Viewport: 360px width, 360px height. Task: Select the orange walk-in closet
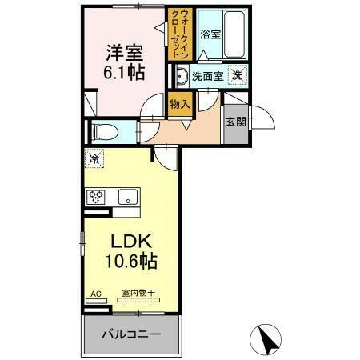tap(178, 34)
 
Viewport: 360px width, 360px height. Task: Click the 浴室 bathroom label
tap(209, 35)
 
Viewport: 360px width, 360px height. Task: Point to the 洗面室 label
tap(208, 76)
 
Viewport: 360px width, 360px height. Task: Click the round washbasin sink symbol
tap(181, 76)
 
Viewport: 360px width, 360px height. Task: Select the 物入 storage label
tap(178, 102)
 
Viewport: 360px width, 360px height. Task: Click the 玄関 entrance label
tap(236, 122)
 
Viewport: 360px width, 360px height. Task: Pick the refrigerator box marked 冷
tap(94, 160)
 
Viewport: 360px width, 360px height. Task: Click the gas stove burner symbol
tap(97, 196)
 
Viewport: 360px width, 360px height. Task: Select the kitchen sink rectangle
tap(127, 197)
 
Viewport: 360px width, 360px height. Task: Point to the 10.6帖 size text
tap(129, 261)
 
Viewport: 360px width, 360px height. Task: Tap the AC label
tap(96, 293)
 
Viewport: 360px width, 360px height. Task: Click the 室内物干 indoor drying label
tap(137, 293)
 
